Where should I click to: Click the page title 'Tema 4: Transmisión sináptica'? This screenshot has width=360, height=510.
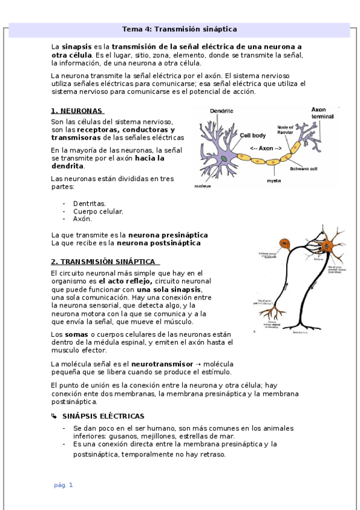[x=179, y=29]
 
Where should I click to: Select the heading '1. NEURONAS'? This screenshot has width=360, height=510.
[x=76, y=111]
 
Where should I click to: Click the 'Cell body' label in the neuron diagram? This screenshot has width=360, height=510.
[x=252, y=136]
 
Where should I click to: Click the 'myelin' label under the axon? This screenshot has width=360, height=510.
[x=275, y=180]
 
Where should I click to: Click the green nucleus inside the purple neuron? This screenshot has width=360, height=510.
[x=224, y=159]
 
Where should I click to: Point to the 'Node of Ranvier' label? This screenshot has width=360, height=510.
[x=285, y=131]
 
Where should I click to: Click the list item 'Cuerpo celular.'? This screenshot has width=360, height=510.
[x=98, y=211]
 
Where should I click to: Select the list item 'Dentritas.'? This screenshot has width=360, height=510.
[x=89, y=204]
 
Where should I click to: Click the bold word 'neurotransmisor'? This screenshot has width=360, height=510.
[x=162, y=364]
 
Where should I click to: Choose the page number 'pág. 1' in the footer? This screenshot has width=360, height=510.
[x=63, y=485]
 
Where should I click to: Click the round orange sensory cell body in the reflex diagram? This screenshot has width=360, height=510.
[x=284, y=246]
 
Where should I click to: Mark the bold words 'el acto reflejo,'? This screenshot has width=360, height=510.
[x=125, y=281]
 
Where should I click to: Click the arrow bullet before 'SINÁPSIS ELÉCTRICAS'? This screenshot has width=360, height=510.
[x=54, y=416]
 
